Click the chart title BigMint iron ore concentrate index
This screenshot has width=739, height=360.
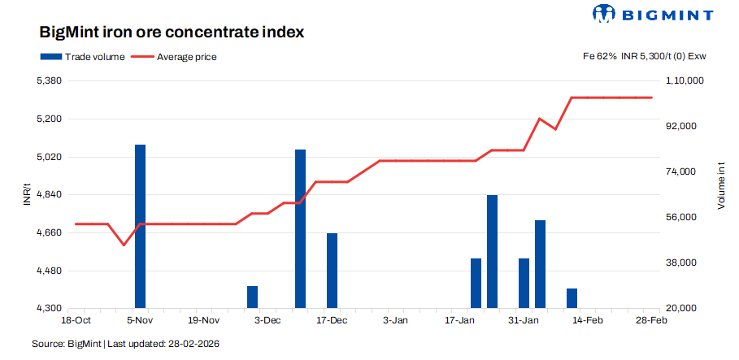(172, 33)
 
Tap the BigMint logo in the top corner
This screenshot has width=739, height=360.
(653, 14)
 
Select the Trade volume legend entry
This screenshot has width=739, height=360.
(81, 57)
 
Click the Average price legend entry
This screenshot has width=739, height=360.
(176, 57)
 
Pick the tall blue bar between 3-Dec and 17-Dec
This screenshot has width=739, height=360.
(300, 228)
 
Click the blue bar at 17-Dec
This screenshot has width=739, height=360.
(332, 271)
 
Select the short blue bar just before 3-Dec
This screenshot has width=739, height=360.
(252, 297)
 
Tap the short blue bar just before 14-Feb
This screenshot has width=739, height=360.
(572, 298)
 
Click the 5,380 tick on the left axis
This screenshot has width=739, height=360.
(49, 81)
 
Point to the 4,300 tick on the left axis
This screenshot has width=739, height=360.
(49, 309)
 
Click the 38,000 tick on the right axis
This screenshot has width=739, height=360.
(680, 263)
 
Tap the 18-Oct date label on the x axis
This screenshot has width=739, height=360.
(75, 321)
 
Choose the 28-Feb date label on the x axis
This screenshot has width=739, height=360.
(652, 321)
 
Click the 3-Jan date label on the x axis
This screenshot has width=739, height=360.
(395, 321)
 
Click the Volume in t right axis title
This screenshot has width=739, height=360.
(720, 185)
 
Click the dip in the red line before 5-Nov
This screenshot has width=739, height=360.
(124, 245)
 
